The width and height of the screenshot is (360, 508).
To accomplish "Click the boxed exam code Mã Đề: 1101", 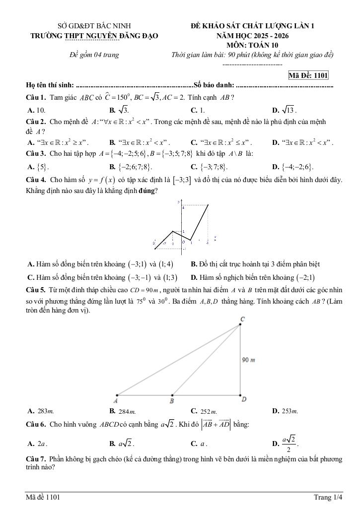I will (308, 75).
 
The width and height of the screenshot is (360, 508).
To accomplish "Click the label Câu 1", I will (36, 97).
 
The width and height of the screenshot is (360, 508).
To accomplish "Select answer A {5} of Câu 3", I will (38, 166).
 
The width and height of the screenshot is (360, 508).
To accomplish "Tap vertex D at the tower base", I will (244, 399).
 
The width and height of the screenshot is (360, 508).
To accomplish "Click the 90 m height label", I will (249, 359).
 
